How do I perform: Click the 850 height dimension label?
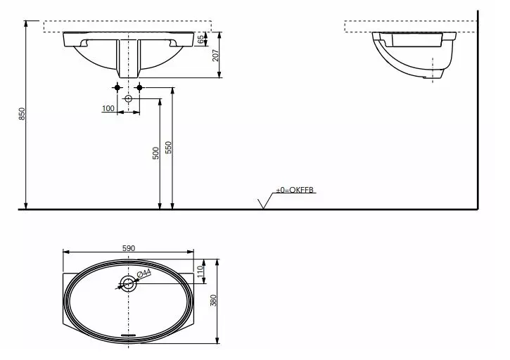point(22,114)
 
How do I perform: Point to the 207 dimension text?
point(216,55)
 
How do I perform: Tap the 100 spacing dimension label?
point(108,108)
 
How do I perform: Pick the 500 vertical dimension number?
point(155,153)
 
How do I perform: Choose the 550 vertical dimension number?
point(168,148)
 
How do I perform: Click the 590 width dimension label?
point(129,247)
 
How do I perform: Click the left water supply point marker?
point(117,87)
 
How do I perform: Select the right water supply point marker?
point(139,87)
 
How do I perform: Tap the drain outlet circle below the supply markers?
point(128,99)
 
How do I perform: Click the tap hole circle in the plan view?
point(128,283)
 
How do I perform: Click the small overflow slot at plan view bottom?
point(128,335)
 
